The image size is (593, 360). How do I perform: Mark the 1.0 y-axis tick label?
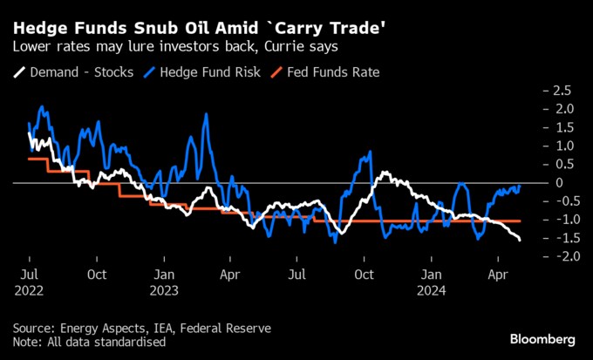pyautogui.click(x=562, y=146)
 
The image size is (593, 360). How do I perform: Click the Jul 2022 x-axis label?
pyautogui.click(x=30, y=281)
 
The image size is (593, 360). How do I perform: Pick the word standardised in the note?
pyautogui.click(x=131, y=342)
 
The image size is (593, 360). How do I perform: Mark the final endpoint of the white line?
pyautogui.click(x=521, y=240)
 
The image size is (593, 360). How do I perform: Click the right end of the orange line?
pyautogui.click(x=521, y=221)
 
